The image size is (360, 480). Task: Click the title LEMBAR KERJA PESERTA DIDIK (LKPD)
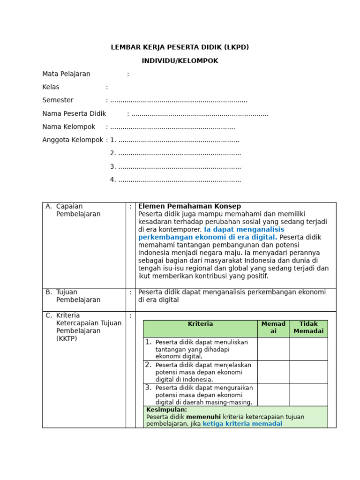pyautogui.click(x=180, y=47)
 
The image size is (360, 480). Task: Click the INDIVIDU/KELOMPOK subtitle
pyautogui.click(x=180, y=61)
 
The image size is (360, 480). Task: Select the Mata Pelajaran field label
pyautogui.click(x=66, y=74)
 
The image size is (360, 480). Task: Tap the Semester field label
pyautogui.click(x=58, y=100)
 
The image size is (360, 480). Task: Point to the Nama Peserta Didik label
pyautogui.click(x=74, y=113)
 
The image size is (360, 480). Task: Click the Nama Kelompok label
pyautogui.click(x=68, y=127)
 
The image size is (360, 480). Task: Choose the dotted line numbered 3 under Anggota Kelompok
pyautogui.click(x=179, y=166)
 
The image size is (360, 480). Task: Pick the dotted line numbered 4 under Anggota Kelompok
pyautogui.click(x=179, y=180)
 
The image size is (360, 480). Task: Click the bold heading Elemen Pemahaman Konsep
pyautogui.click(x=189, y=206)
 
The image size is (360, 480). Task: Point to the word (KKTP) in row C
pyautogui.click(x=67, y=338)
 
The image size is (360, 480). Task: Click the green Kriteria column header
pyautogui.click(x=200, y=324)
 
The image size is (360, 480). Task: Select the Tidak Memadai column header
pyautogui.click(x=308, y=328)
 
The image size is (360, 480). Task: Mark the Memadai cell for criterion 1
pyautogui.click(x=273, y=349)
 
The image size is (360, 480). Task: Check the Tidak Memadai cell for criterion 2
pyautogui.click(x=308, y=372)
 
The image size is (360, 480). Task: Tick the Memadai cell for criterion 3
pyautogui.click(x=273, y=394)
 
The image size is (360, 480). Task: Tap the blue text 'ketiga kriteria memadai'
pyautogui.click(x=242, y=424)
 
